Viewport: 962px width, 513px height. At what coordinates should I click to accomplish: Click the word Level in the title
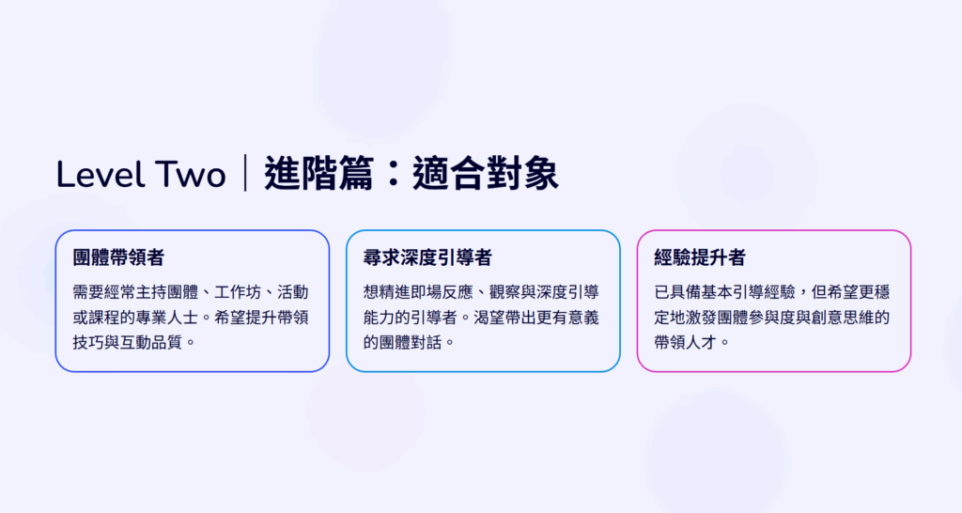(99, 174)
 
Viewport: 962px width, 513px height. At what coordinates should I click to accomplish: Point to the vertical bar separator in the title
(245, 173)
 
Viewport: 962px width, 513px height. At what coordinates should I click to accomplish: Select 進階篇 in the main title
(318, 173)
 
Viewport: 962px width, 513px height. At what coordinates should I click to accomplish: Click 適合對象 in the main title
(486, 173)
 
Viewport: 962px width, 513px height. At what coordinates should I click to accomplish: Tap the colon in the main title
(393, 174)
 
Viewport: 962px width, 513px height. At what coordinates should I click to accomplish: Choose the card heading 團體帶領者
(118, 257)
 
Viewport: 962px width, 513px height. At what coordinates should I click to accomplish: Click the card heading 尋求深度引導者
(427, 257)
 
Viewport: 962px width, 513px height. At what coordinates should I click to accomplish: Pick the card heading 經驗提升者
(700, 257)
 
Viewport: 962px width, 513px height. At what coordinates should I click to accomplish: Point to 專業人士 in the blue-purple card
(166, 318)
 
